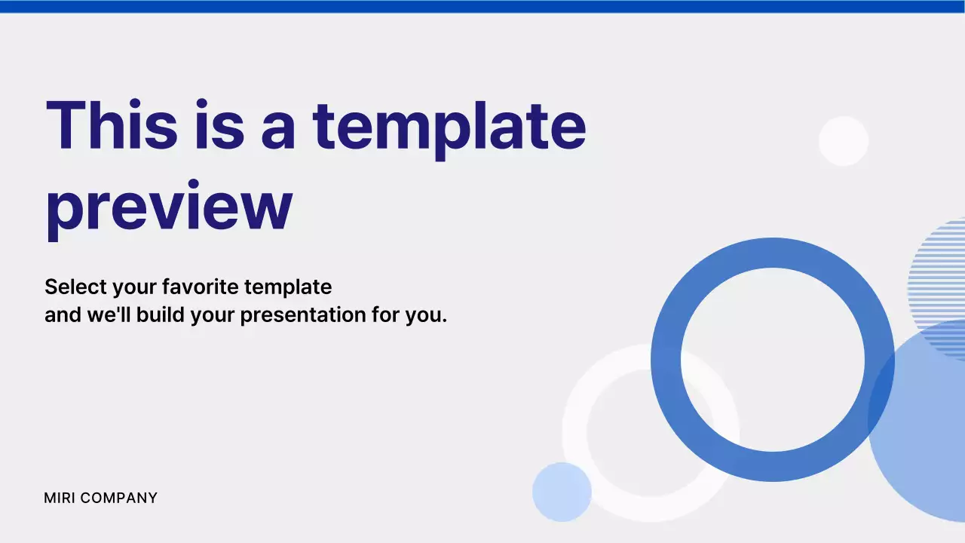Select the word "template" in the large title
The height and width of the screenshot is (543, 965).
click(449, 127)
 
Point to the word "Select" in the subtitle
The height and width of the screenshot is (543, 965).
click(75, 287)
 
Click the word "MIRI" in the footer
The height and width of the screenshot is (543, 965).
click(60, 498)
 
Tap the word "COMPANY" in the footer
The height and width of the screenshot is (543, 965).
click(119, 498)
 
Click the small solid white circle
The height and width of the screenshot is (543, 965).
click(844, 141)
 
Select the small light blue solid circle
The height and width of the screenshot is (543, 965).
click(562, 492)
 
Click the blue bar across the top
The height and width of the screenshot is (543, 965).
click(482, 7)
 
